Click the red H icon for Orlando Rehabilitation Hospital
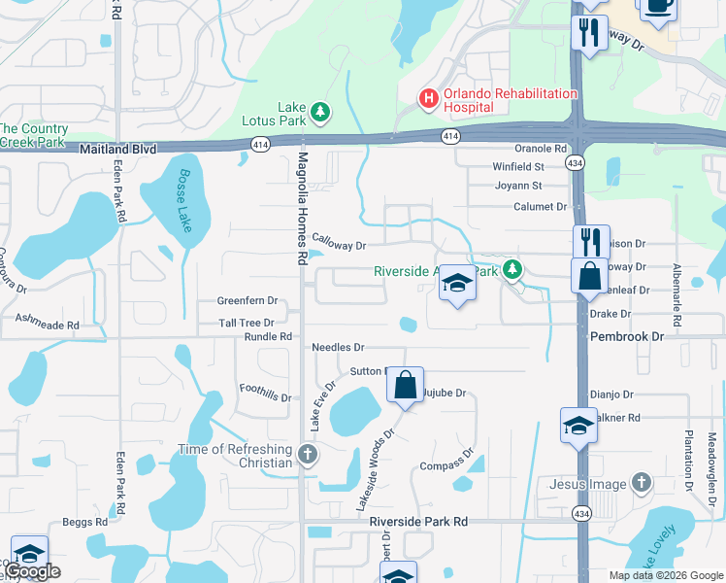tap(427, 97)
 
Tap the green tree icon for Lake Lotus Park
tap(320, 114)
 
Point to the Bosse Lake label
tap(184, 201)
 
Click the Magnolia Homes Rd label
tap(302, 209)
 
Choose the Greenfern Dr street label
tap(247, 302)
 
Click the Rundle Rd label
tap(268, 337)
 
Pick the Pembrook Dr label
tap(627, 335)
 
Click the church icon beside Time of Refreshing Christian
tap(307, 454)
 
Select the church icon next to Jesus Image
tap(640, 483)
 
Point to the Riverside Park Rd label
tap(418, 522)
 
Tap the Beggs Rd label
tap(84, 523)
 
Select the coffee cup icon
tap(657, 5)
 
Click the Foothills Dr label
tap(266, 393)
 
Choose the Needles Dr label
tap(338, 347)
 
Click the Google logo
tap(32, 572)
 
